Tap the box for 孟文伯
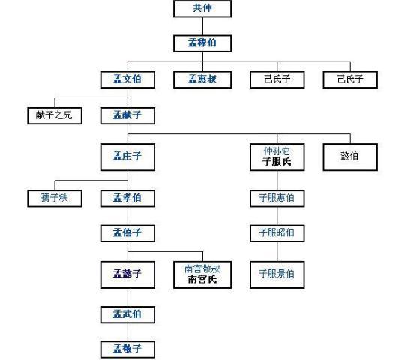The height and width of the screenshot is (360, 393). click(x=127, y=78)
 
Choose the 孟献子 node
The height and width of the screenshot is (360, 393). click(x=127, y=115)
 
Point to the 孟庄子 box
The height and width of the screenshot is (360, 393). click(x=127, y=157)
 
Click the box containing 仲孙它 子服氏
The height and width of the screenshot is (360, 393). click(x=277, y=157)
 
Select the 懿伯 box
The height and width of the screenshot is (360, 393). click(x=349, y=157)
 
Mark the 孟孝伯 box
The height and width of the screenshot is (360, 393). click(x=127, y=198)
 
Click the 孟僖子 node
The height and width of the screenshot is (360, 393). click(x=127, y=232)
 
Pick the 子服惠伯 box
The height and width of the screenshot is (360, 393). click(x=277, y=198)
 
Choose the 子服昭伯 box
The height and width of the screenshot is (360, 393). click(x=277, y=232)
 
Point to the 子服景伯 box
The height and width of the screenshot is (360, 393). click(x=277, y=273)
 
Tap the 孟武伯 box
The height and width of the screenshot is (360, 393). click(x=127, y=313)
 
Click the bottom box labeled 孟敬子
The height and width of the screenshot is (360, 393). click(x=127, y=348)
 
